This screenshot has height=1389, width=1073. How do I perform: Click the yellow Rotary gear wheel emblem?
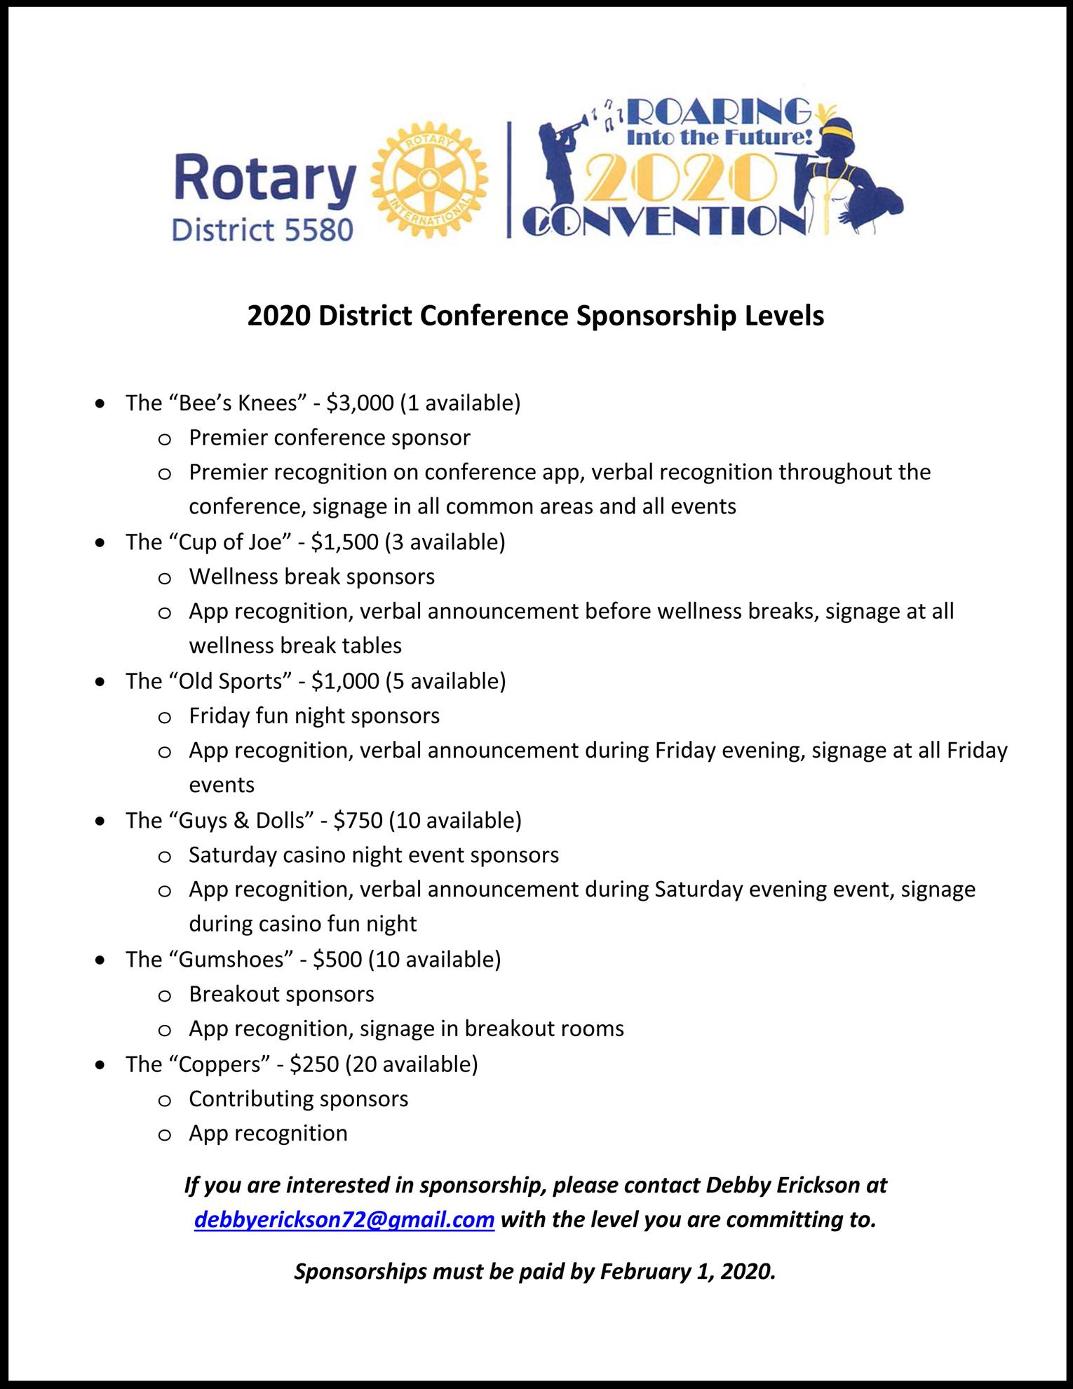(428, 182)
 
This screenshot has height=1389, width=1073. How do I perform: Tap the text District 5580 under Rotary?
(262, 229)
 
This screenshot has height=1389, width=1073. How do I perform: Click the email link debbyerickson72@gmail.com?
(344, 1219)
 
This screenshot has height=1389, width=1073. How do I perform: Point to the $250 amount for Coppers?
(314, 1064)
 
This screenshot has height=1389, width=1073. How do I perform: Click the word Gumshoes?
(231, 959)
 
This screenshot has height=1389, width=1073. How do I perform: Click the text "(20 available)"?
(411, 1064)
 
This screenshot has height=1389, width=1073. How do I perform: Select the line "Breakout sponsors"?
(281, 994)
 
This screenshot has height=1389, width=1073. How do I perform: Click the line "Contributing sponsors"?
(298, 1099)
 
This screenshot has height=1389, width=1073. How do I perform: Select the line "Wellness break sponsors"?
(311, 577)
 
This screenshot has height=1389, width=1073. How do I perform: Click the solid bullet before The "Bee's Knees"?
(102, 403)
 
